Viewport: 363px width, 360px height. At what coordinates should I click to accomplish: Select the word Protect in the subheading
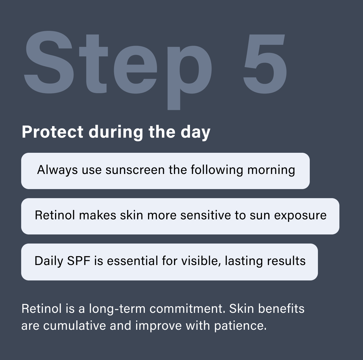(x=52, y=132)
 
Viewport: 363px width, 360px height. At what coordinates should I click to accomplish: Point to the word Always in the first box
(x=57, y=170)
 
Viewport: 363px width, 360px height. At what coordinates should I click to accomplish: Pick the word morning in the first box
(x=271, y=170)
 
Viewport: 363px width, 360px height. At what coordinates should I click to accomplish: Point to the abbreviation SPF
(x=79, y=261)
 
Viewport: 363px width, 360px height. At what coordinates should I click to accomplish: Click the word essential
(x=132, y=261)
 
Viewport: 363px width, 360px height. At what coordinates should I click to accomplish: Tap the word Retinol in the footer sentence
(x=41, y=309)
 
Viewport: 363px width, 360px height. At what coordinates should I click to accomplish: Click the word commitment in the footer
(x=187, y=309)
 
